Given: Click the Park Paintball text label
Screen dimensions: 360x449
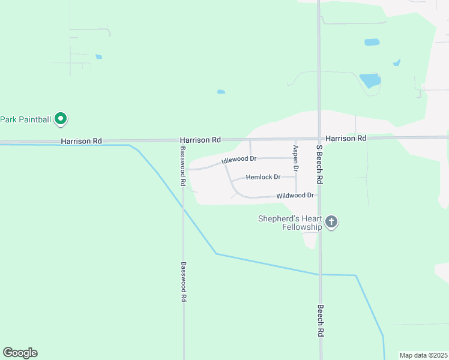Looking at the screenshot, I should (26, 119).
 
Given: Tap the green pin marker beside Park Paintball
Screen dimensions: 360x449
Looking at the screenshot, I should (61, 119).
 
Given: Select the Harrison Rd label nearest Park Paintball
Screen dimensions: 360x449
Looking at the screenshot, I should (81, 141).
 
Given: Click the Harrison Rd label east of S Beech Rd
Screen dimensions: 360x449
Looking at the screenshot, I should (345, 138).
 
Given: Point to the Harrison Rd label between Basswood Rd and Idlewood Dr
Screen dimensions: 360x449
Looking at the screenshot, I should (200, 140).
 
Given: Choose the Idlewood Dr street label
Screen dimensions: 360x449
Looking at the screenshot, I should (239, 160).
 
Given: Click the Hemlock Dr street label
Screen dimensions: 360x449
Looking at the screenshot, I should (263, 177).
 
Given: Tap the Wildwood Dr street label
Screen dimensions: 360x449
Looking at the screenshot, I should (295, 196).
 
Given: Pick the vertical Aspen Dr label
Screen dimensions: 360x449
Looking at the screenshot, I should (295, 157).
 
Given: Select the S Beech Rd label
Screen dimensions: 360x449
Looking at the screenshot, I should (320, 164).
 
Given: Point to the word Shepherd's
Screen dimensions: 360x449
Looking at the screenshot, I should (282, 218).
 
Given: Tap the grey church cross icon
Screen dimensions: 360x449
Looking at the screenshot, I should (331, 222).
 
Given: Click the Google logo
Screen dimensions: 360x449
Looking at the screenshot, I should (20, 353).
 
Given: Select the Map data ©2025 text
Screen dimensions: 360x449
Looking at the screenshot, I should (423, 355).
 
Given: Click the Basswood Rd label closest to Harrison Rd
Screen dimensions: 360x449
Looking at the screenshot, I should (183, 163).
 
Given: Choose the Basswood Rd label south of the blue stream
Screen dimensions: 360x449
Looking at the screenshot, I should (184, 281).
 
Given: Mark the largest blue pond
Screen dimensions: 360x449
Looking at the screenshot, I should (370, 80).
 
